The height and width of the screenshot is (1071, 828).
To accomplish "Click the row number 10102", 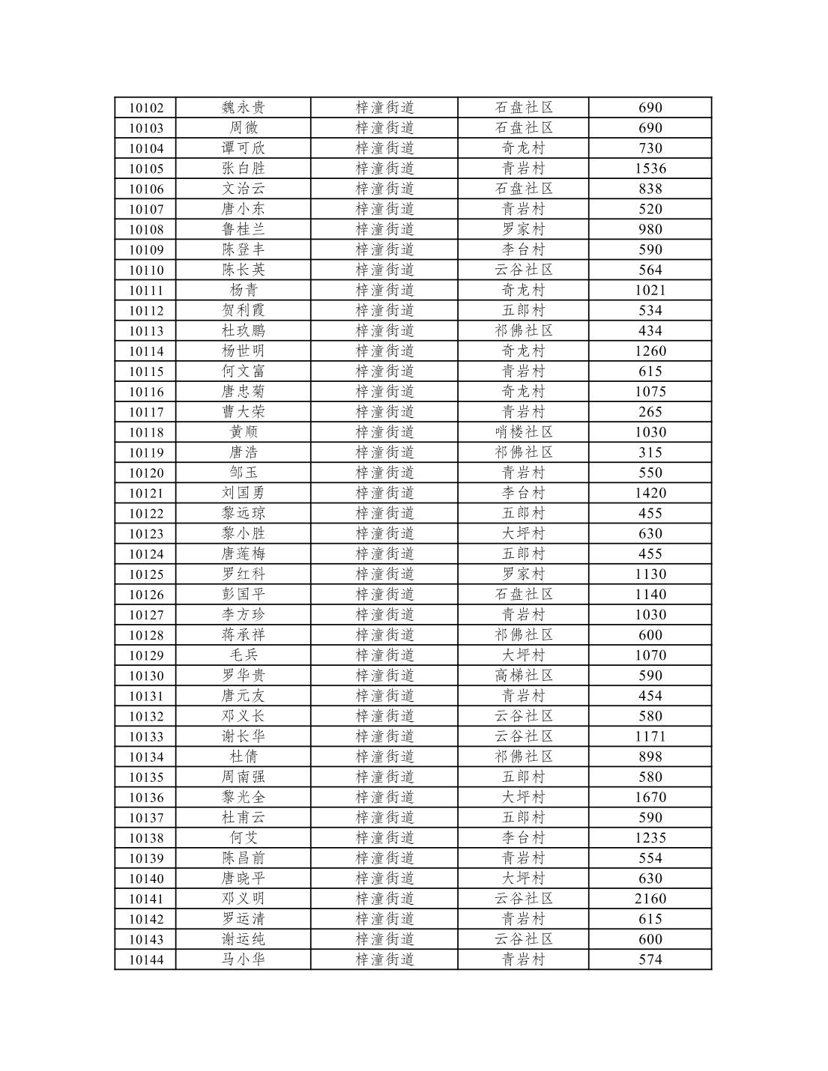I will click(x=146, y=108).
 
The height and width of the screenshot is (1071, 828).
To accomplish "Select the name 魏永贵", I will click(x=243, y=108).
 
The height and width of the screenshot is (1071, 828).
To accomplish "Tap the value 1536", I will click(x=650, y=169).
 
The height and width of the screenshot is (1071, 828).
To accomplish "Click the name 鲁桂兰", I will click(x=243, y=229).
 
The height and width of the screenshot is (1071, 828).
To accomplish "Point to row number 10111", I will click(x=146, y=291).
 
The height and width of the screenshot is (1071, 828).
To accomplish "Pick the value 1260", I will click(x=650, y=351).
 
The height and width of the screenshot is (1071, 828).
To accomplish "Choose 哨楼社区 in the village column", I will click(x=524, y=432).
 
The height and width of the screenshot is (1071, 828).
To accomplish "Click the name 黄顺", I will click(x=243, y=432).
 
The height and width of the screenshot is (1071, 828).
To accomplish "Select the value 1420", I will click(x=650, y=493).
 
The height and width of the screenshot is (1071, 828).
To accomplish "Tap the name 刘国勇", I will click(x=243, y=493).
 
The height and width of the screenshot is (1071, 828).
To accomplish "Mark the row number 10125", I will click(x=146, y=574).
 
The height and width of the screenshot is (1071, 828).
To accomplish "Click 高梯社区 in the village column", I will click(x=524, y=676).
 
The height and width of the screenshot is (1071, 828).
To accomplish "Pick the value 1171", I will click(x=650, y=736).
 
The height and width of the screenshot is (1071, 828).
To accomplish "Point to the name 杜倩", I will click(x=243, y=756).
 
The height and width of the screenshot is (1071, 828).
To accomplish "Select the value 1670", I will click(x=650, y=797).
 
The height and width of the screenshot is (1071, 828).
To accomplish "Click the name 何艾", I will click(x=243, y=837).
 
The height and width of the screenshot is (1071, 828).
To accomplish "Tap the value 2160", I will click(x=650, y=899).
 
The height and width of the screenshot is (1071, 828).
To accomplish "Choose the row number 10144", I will click(x=146, y=959).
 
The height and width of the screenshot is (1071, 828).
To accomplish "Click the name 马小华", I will click(x=243, y=959).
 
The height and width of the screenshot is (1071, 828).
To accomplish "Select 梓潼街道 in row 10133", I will click(x=384, y=736).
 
